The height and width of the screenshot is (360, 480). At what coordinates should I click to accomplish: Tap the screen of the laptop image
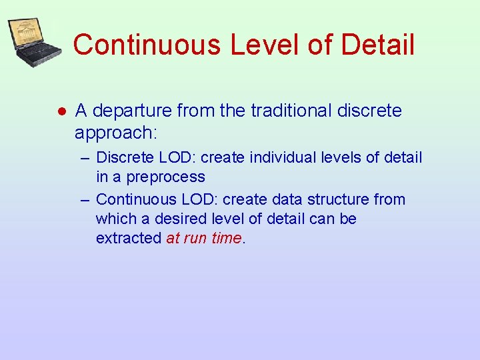29,34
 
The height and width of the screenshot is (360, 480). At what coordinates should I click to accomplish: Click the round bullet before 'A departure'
59,111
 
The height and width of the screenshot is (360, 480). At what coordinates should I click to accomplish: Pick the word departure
133,111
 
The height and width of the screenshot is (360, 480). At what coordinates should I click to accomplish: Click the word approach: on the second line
116,133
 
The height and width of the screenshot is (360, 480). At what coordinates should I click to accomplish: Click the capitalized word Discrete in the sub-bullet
123,158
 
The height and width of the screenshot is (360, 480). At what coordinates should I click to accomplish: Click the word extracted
129,238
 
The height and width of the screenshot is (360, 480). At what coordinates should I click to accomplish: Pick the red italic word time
225,238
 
